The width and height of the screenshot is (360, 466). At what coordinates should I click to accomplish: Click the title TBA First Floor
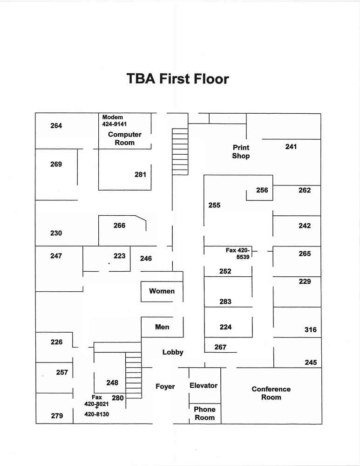178,79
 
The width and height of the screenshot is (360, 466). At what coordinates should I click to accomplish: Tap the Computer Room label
124,138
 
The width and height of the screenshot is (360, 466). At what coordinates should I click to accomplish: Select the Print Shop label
241,152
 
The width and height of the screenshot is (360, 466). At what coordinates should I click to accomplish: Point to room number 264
56,126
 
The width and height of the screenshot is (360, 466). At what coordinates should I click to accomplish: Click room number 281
140,175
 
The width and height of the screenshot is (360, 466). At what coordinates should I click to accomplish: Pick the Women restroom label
162,291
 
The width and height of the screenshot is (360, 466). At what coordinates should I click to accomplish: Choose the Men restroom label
162,327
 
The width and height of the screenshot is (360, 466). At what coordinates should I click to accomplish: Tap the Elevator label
204,385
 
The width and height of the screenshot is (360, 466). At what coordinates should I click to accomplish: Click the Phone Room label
205,413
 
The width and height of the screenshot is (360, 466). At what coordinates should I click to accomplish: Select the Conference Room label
271,393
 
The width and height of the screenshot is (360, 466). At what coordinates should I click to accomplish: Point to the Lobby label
173,352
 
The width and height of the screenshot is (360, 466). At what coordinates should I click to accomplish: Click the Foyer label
165,386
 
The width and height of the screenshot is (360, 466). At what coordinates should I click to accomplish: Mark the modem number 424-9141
115,124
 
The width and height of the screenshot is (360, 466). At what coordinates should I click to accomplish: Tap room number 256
262,190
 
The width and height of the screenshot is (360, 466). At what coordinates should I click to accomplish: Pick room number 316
311,330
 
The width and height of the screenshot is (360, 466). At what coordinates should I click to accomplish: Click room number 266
119,226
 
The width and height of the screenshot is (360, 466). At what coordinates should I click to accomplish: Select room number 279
57,416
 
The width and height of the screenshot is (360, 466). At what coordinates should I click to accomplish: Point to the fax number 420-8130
96,413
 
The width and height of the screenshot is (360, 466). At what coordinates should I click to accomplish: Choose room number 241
291,147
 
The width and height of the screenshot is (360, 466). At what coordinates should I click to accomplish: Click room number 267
220,347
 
